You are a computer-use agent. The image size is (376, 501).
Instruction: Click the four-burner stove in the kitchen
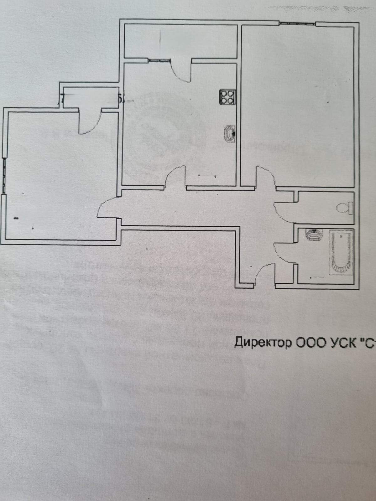point(227,97)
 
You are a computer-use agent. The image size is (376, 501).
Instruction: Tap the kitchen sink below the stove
point(230,134)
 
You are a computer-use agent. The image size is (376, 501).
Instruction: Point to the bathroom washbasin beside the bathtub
point(313,235)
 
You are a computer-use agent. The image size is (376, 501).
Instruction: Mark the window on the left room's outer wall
point(4,175)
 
